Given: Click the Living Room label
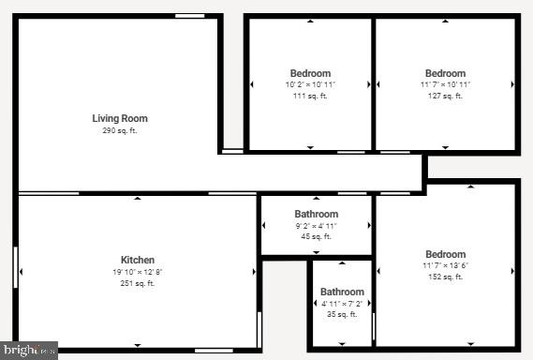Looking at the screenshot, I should (x=120, y=118).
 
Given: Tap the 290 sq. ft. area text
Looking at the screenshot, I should (x=120, y=130).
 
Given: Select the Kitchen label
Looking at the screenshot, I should (x=138, y=260).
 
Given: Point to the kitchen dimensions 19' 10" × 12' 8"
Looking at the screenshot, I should (x=138, y=272).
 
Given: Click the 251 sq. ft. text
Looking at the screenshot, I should (x=138, y=283).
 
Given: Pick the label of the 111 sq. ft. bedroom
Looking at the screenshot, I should (x=310, y=73).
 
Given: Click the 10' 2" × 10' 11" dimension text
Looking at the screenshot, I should (x=310, y=84).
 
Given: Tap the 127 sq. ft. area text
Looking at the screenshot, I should (x=445, y=96).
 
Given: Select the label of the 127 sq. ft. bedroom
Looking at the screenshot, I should (x=445, y=73).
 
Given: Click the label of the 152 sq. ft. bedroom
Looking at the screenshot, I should (x=445, y=254).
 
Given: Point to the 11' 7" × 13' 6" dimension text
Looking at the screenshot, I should (x=445, y=265).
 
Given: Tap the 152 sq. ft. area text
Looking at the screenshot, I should (x=445, y=277).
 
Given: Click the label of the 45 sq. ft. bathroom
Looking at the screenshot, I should (x=317, y=214).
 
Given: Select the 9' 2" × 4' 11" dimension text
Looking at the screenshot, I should (x=317, y=225).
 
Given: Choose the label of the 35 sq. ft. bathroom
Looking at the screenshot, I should (x=342, y=292).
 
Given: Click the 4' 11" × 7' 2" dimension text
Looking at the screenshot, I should (x=342, y=303).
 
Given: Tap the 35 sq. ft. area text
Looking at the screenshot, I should (x=342, y=314).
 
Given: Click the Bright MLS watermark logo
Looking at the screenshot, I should (x=28, y=351).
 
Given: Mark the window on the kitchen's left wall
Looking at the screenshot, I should (x=17, y=266).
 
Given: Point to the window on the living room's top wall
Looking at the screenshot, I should (x=190, y=16).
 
